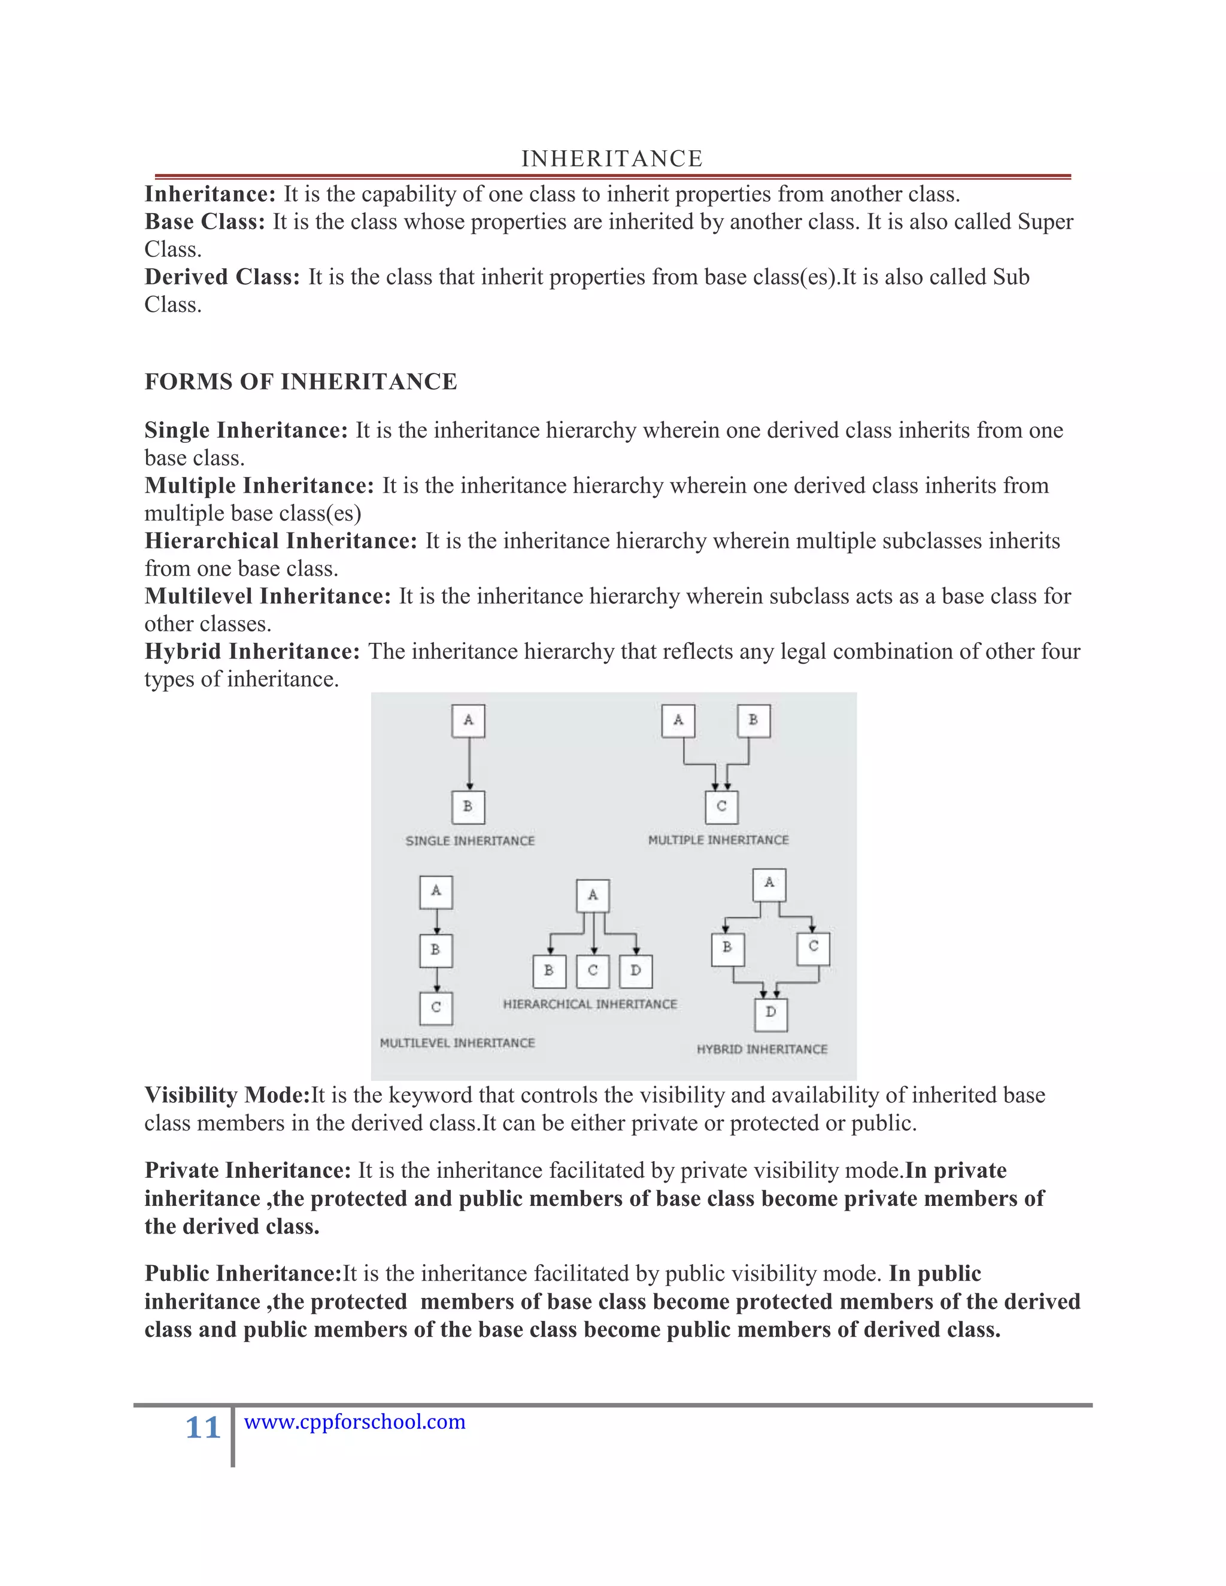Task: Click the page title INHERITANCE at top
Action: [x=612, y=159]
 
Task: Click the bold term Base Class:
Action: [x=205, y=221]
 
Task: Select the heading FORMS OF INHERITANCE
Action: [x=301, y=381]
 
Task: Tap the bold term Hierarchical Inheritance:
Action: [x=280, y=540]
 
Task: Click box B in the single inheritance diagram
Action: [x=468, y=807]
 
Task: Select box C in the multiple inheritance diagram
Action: [x=721, y=807]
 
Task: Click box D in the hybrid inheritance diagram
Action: [x=770, y=1012]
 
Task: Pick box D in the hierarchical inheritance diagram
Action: [x=636, y=971]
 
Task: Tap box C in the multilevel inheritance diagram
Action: [x=436, y=1007]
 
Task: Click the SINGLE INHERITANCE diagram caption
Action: [x=470, y=841]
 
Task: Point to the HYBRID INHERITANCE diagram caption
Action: [x=762, y=1049]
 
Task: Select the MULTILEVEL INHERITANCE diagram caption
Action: [x=457, y=1043]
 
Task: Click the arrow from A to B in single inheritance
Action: [x=469, y=764]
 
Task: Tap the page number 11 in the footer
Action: [x=203, y=1427]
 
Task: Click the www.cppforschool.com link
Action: [x=354, y=1421]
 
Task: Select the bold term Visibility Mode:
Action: [x=227, y=1095]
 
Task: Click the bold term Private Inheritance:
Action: [x=248, y=1170]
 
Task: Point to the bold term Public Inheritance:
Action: [x=242, y=1273]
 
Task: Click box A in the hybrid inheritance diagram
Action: [x=769, y=884]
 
